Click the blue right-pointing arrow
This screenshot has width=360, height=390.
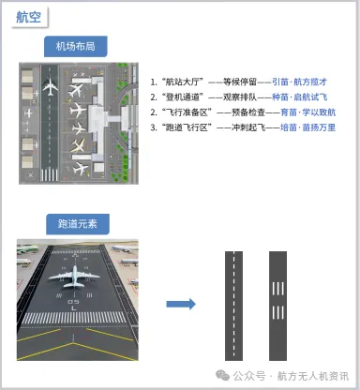tap(180, 303)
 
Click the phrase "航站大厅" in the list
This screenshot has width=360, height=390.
tap(183, 82)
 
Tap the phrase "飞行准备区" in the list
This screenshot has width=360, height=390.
tap(187, 112)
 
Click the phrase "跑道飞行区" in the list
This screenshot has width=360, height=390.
tap(187, 126)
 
